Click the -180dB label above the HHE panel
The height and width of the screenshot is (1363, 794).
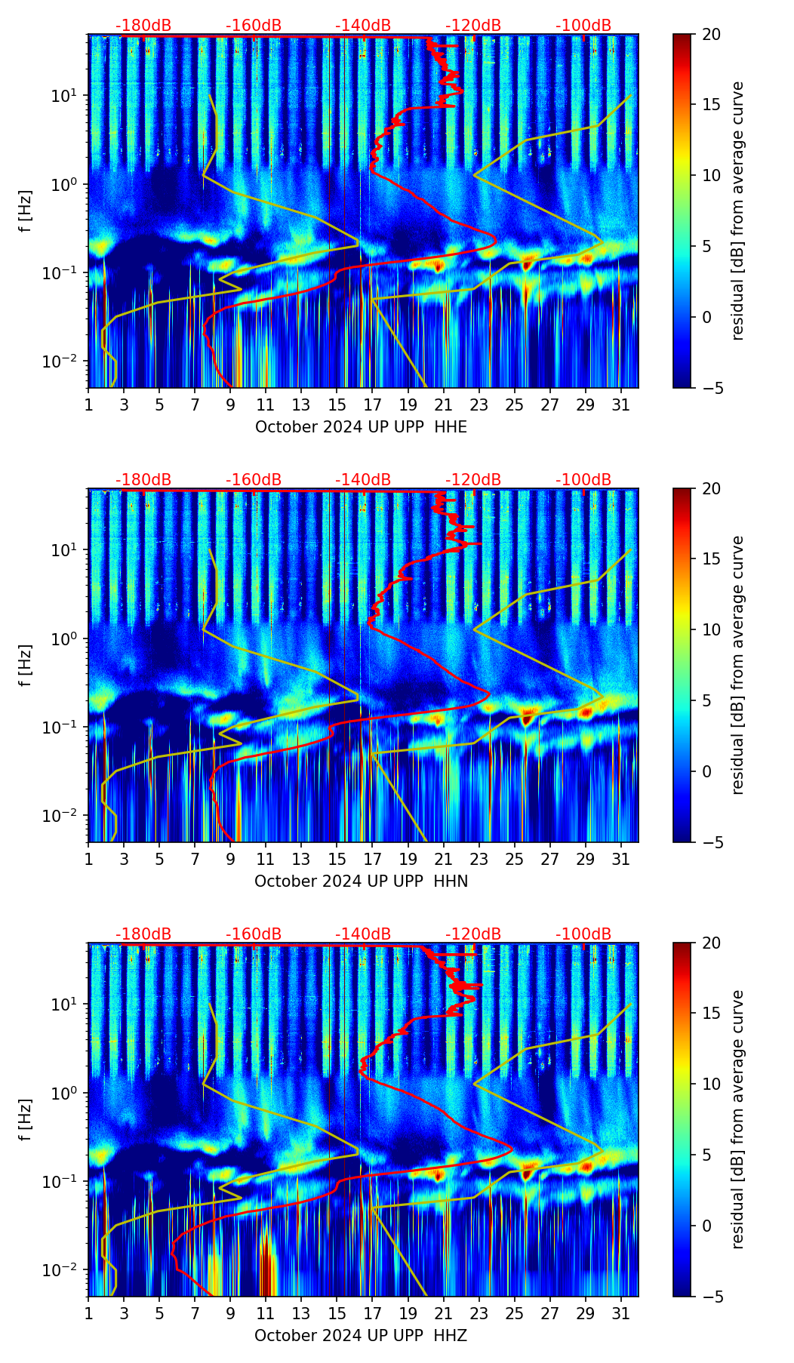tap(143, 26)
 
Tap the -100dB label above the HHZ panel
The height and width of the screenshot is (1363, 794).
tap(583, 934)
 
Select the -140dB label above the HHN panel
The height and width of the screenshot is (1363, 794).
tap(363, 480)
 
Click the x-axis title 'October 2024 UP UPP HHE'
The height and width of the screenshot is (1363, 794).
tap(361, 427)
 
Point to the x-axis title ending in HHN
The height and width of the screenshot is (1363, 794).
tap(361, 881)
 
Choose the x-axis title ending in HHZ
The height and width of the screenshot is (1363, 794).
tap(361, 1336)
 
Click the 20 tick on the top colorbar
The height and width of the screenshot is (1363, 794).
tap(712, 35)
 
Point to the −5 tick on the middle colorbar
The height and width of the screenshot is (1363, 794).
tap(712, 842)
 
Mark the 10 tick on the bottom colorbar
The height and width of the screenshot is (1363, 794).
tap(712, 1085)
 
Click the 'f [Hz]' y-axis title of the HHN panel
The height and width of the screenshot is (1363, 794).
tap(26, 665)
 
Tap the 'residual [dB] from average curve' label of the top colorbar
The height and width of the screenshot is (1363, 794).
tap(738, 211)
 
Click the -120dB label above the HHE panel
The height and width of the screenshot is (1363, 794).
tap(473, 26)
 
